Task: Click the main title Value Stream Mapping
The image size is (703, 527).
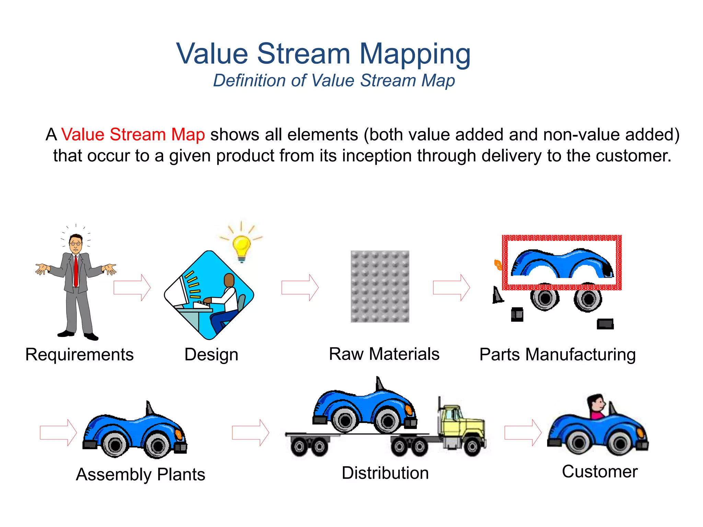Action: (x=323, y=54)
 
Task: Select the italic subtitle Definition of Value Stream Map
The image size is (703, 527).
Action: (x=334, y=81)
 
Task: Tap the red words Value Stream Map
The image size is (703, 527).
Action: (x=133, y=134)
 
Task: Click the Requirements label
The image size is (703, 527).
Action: (x=79, y=354)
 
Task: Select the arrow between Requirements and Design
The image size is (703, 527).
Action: (x=132, y=288)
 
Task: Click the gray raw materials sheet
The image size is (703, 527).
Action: (x=380, y=286)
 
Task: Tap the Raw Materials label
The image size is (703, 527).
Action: (x=384, y=354)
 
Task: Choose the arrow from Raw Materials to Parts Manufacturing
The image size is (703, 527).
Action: (x=451, y=288)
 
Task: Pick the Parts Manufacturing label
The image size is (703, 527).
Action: (x=557, y=355)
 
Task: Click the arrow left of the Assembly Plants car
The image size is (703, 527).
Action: (x=58, y=432)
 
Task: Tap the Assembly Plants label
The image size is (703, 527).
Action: (x=140, y=475)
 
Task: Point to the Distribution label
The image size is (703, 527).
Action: (x=385, y=473)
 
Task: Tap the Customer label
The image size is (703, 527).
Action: (x=599, y=472)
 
